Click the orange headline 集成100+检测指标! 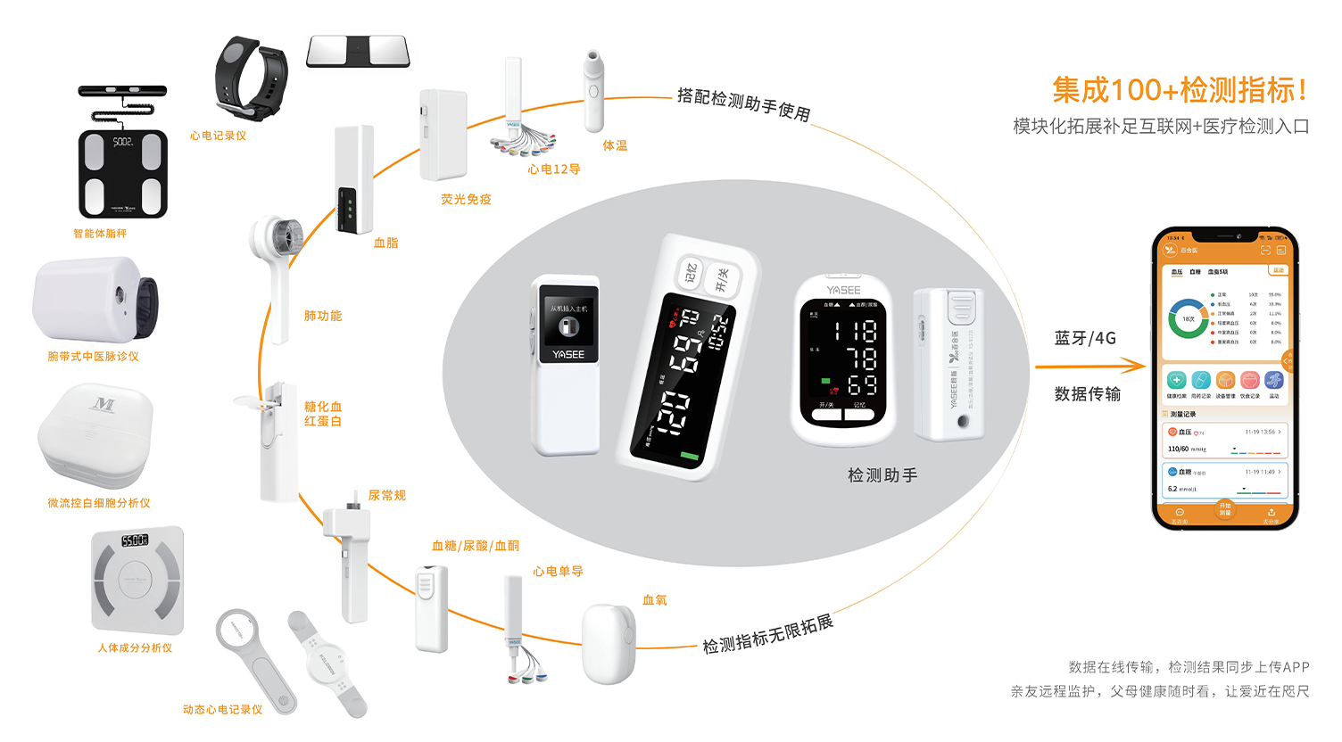1180,90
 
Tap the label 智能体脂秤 100,234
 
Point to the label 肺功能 323,316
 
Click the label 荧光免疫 466,200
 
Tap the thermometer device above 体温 593,90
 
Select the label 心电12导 553,169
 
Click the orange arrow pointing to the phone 1090,366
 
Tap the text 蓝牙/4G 1085,338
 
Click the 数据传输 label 1087,394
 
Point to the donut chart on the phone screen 1188,318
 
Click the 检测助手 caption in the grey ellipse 882,475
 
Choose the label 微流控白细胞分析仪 99,503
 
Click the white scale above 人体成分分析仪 137,580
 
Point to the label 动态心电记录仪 222,710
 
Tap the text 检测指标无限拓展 767,634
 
